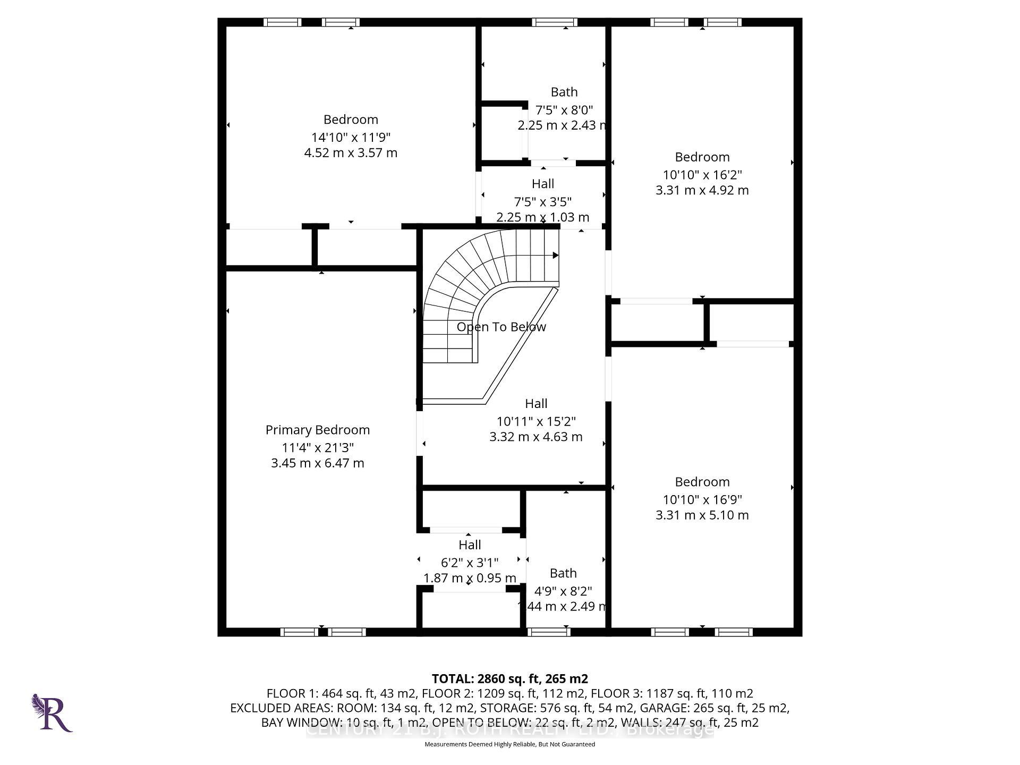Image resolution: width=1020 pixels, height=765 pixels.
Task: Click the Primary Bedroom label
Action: tap(317, 430)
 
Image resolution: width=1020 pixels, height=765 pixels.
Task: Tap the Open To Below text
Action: tap(501, 327)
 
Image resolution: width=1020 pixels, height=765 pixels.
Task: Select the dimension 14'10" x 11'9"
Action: tap(351, 137)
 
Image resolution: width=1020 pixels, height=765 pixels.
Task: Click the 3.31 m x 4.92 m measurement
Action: tap(702, 190)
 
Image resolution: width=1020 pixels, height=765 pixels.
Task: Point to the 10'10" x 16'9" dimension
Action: tap(702, 499)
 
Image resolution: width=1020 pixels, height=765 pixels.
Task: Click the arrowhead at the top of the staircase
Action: tap(555, 256)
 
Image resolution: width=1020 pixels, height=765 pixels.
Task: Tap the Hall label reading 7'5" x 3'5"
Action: tap(542, 184)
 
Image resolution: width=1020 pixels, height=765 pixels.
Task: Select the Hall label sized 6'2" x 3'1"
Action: tap(470, 545)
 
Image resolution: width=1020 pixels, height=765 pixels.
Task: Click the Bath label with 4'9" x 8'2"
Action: tap(563, 573)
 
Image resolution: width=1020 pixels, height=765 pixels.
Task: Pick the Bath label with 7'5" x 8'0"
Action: tap(564, 92)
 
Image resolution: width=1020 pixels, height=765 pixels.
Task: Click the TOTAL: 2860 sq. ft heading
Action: tap(509, 678)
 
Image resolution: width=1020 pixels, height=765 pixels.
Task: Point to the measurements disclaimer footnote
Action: tap(509, 744)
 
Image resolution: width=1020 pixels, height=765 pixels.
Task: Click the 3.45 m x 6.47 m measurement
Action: tap(317, 463)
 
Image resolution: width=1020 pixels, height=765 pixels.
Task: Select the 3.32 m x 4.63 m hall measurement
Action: tap(535, 437)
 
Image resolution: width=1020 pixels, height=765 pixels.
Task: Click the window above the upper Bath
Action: tap(554, 22)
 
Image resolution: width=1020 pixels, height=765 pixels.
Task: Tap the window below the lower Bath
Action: tap(549, 632)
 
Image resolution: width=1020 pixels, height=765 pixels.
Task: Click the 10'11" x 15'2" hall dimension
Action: tap(535, 421)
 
